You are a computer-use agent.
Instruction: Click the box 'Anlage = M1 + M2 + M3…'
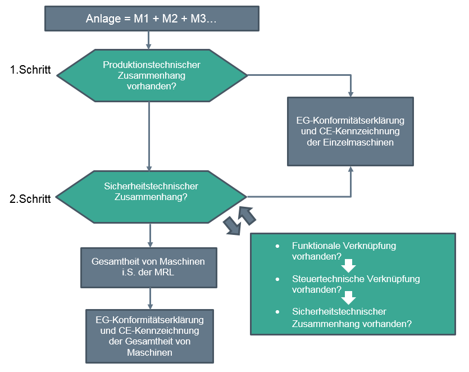[152, 18]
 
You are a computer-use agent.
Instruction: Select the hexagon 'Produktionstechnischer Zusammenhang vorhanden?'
[152, 75]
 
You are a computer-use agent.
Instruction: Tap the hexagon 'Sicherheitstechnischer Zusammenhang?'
[152, 192]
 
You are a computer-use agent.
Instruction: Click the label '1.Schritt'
[31, 70]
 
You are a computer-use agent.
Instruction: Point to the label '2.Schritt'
[31, 198]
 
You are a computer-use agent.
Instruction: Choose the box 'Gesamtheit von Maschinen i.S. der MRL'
[148, 267]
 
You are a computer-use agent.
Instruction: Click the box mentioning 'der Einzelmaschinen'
[350, 131]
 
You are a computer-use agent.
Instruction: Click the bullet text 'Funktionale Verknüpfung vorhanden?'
[329, 251]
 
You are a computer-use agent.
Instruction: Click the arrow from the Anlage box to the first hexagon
[149, 39]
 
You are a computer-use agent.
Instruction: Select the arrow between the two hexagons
[149, 135]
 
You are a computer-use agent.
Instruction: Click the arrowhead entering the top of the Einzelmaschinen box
[351, 93]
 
